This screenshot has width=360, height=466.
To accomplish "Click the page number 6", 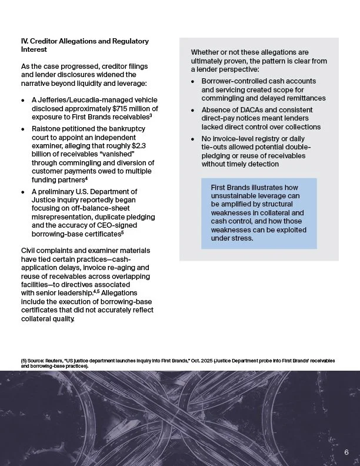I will click(x=346, y=452).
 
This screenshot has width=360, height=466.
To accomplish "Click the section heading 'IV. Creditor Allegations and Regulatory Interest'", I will click(x=84, y=45).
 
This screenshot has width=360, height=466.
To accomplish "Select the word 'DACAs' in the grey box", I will click(x=246, y=110).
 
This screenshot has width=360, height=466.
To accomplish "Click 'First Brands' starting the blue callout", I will click(x=231, y=187).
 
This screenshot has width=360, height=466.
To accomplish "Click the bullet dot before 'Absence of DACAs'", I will click(x=193, y=110).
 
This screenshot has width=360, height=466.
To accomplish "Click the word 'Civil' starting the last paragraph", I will click(x=28, y=251).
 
